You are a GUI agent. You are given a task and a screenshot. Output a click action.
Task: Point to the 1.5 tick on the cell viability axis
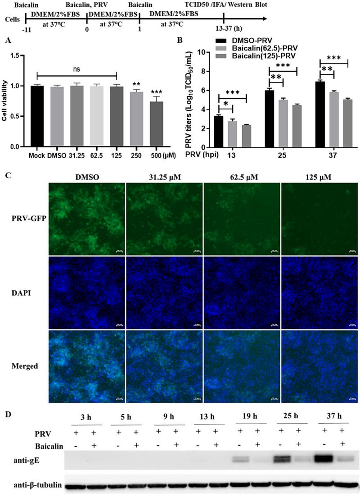(x=16, y=55)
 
